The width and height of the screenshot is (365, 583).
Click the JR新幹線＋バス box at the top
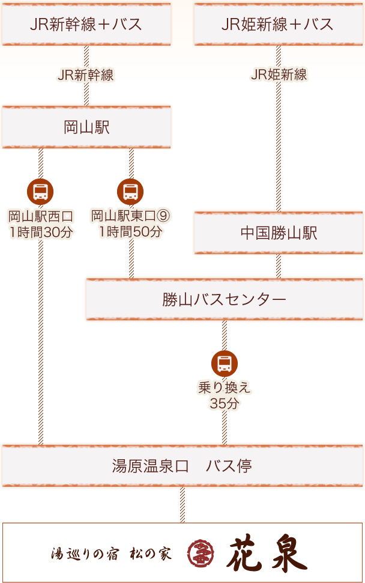[x=86, y=24]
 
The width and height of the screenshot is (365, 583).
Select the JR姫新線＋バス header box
[x=279, y=24]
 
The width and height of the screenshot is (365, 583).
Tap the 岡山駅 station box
[x=86, y=127]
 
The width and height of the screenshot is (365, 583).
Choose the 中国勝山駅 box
[x=279, y=233]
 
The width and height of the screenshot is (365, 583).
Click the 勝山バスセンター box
[x=224, y=299]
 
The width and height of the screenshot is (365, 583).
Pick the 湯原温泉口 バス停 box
[x=182, y=466]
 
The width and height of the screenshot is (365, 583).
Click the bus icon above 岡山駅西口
[x=41, y=192]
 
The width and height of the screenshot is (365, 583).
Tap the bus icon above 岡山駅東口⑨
[x=130, y=192]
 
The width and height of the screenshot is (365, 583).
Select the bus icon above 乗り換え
[x=225, y=364]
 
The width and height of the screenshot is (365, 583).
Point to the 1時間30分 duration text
[x=41, y=232]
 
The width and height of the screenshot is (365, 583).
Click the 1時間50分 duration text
[x=130, y=232]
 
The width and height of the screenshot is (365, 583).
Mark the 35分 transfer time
[x=225, y=403]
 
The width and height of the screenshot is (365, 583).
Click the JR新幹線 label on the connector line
[x=86, y=75]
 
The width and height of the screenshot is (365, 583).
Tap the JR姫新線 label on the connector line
[x=279, y=75]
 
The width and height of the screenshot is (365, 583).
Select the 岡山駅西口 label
[x=41, y=216]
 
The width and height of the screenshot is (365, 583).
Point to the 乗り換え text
[x=225, y=388]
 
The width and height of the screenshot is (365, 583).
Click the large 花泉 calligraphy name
[x=267, y=554]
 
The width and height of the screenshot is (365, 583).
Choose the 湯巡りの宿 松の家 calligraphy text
[x=111, y=554]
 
